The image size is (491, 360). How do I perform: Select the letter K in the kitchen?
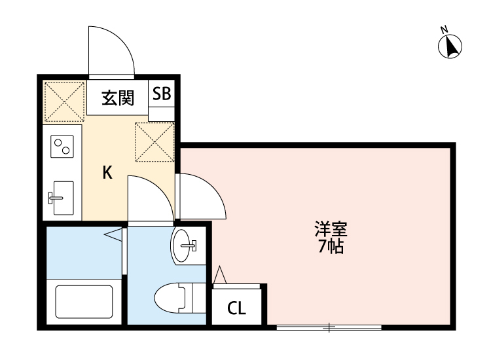[107, 173]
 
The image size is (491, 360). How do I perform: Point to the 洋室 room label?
[331, 230]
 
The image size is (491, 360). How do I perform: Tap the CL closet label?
[236, 308]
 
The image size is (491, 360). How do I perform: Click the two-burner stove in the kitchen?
[63, 146]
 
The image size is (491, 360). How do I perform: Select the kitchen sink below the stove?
[62, 197]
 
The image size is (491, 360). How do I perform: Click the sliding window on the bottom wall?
[330, 326]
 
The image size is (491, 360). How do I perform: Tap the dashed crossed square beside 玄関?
[64, 101]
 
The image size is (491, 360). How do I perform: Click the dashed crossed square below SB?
[155, 142]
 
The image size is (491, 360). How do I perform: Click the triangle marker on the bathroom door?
[113, 234]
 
